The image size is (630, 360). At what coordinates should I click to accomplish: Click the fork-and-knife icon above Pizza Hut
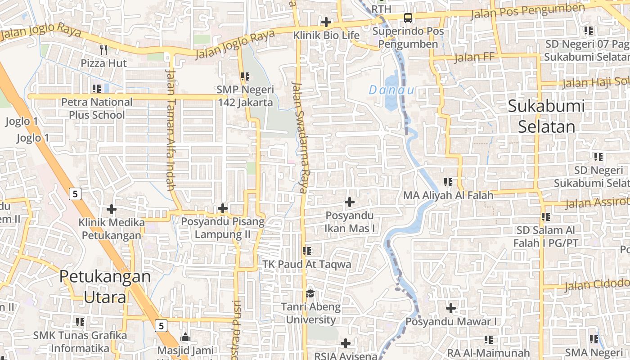103,49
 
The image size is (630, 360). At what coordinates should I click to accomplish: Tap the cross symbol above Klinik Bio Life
326,22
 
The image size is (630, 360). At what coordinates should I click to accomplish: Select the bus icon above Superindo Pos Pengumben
408,18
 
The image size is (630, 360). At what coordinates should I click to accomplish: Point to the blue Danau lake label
391,90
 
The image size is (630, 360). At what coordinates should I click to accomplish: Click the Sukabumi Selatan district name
546,117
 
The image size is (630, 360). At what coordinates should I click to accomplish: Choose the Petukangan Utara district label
105,287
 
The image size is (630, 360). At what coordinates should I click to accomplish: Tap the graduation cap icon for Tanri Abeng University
310,294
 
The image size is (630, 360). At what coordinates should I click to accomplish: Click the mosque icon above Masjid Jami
185,337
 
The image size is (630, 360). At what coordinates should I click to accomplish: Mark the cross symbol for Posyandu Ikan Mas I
349,202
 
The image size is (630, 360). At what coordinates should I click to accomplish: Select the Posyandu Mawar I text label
451,322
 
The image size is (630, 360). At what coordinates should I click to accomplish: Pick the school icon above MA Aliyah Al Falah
448,182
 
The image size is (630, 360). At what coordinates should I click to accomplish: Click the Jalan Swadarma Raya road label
299,137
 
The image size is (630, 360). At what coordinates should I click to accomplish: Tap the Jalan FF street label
474,57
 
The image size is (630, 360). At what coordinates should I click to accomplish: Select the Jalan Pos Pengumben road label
527,12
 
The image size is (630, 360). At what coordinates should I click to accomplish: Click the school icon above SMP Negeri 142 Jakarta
245,76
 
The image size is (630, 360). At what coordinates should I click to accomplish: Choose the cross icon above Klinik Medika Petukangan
112,209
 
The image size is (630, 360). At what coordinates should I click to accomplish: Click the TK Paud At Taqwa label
307,264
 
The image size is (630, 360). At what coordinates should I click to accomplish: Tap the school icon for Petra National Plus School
96,89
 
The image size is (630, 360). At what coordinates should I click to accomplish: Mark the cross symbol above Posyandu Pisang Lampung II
223,208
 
